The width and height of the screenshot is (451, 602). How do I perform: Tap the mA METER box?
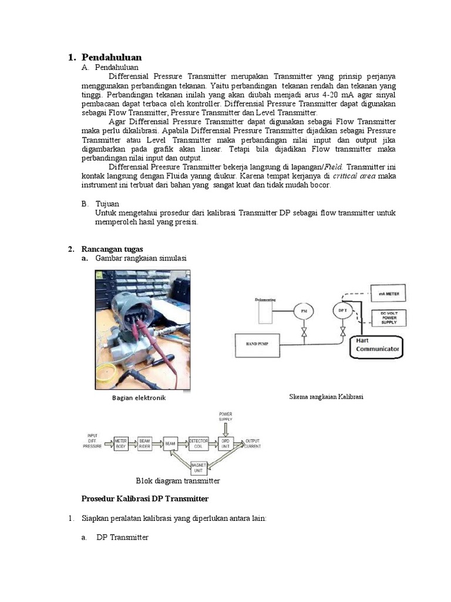[x=388, y=292]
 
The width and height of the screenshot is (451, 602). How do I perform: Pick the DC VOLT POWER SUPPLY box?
[x=388, y=318]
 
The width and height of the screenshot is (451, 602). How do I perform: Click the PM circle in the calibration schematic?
[x=304, y=310]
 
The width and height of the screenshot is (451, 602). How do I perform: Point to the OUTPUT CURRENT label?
[x=253, y=443]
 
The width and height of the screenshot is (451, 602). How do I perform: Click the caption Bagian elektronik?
[x=139, y=398]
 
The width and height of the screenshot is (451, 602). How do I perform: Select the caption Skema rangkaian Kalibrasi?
[x=327, y=397]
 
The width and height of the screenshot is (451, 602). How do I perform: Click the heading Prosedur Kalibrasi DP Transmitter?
[x=144, y=499]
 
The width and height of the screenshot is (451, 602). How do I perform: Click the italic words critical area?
[x=354, y=176]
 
